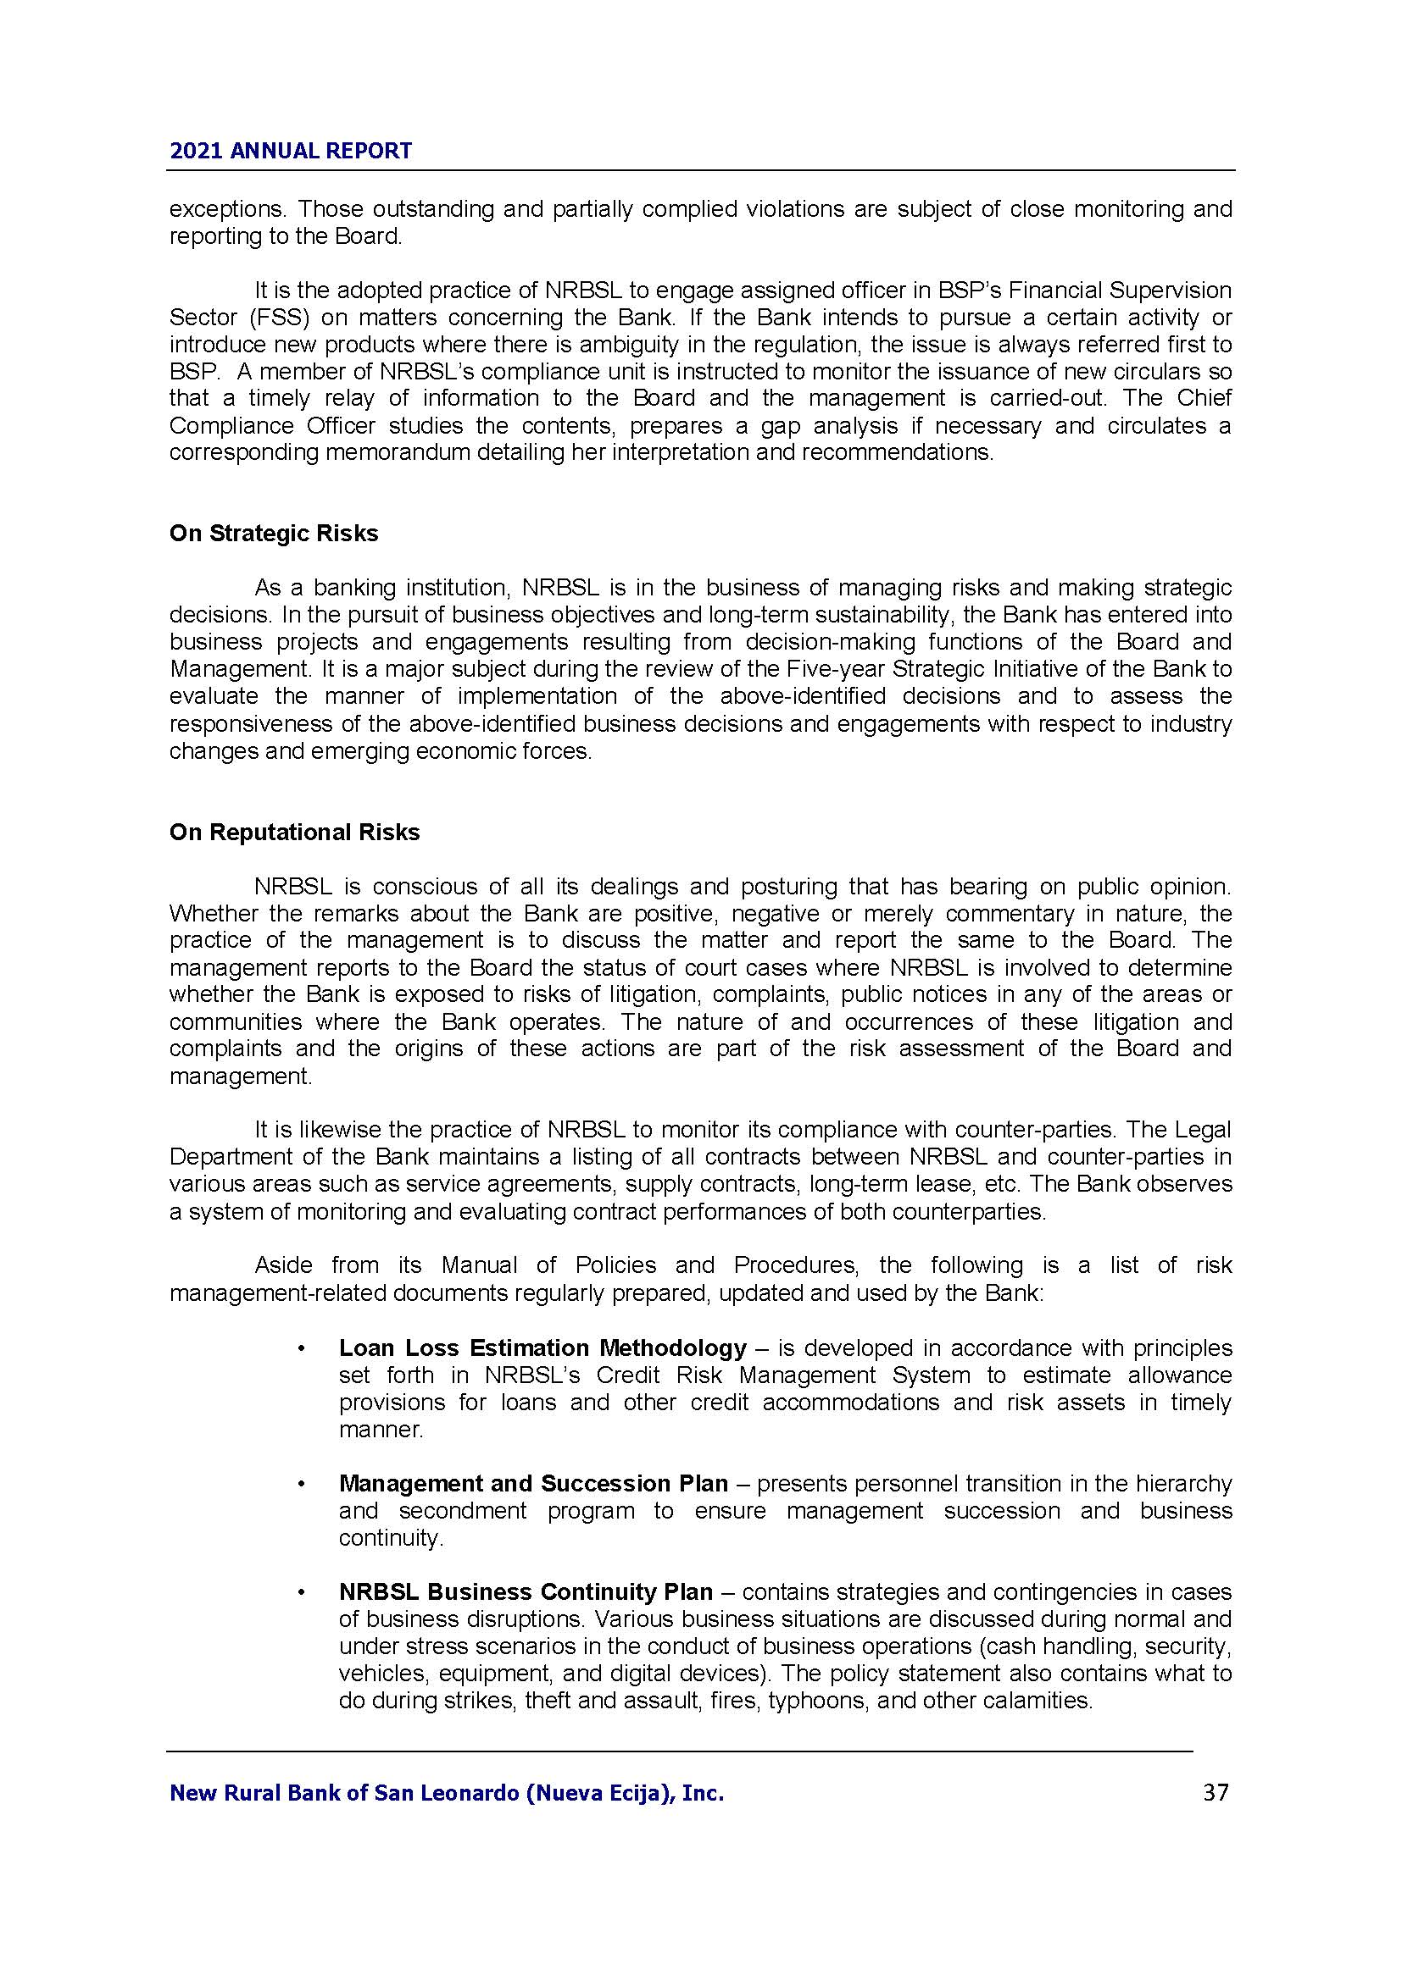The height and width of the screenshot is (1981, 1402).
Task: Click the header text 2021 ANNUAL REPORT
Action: click(290, 151)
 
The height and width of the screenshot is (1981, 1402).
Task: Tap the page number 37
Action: click(1216, 1793)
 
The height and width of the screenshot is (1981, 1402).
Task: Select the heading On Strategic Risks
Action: click(274, 534)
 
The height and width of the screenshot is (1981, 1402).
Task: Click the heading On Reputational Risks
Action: click(294, 832)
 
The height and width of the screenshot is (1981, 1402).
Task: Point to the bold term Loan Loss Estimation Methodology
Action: click(542, 1347)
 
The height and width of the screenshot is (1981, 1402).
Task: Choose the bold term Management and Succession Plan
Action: click(532, 1483)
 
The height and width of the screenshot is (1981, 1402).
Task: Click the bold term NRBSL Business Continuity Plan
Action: click(526, 1592)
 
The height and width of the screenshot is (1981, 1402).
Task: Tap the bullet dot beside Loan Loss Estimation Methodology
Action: click(301, 1348)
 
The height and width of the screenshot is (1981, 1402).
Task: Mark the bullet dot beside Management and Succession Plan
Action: click(301, 1484)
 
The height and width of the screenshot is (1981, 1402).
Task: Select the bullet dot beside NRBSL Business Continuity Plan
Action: click(301, 1593)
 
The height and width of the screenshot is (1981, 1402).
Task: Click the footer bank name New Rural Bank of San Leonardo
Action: click(447, 1794)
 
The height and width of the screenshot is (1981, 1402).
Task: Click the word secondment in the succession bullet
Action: click(462, 1511)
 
